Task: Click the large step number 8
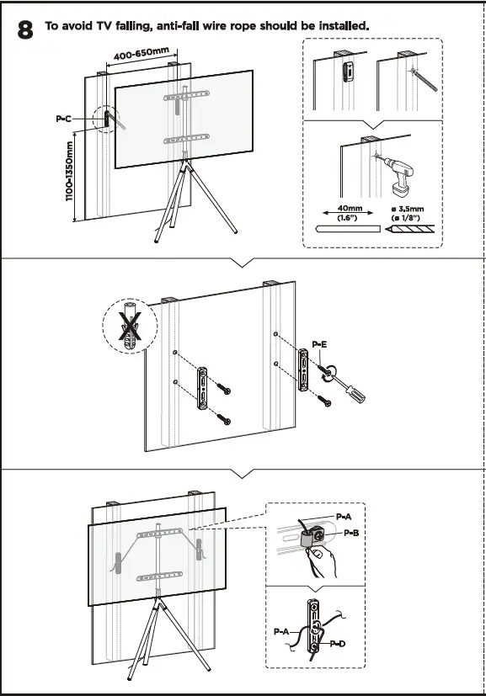(x=26, y=30)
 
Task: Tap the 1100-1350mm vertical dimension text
(x=70, y=182)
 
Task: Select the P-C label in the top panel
(x=64, y=120)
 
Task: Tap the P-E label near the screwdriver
(x=319, y=344)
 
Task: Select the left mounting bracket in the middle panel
(x=202, y=388)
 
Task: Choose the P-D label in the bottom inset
(x=337, y=644)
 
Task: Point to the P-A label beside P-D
(x=281, y=630)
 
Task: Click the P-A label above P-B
(x=343, y=515)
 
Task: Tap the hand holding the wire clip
(x=324, y=560)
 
